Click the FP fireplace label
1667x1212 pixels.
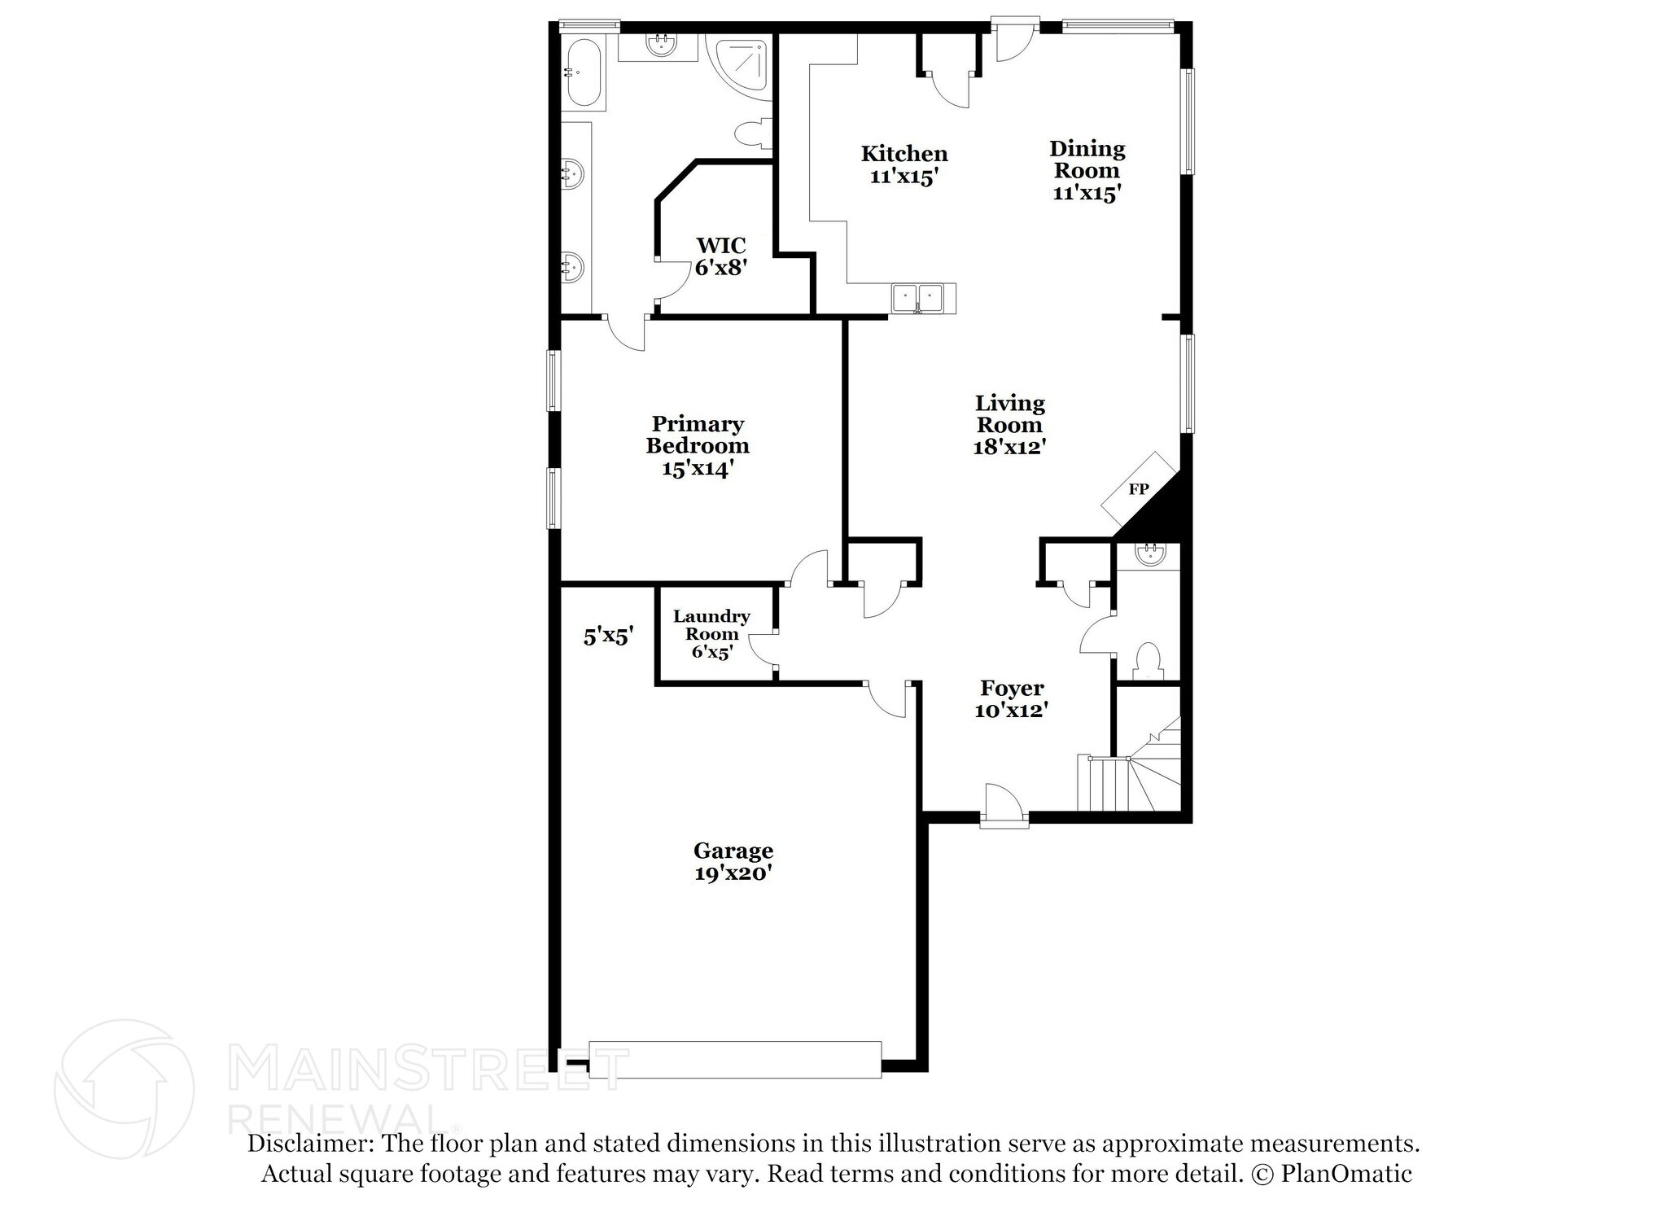point(1138,489)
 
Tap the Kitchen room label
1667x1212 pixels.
point(904,154)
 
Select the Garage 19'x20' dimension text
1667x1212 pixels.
point(733,873)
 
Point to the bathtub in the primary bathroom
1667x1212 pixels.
point(582,73)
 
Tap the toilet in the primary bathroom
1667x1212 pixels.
point(753,135)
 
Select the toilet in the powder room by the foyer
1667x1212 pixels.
point(1148,659)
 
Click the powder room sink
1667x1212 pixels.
point(1149,555)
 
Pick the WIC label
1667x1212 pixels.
point(720,245)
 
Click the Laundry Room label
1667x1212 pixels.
point(711,625)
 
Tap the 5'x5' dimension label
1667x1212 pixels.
point(608,637)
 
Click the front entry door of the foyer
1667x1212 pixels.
point(1004,806)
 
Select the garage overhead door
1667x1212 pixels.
point(735,1059)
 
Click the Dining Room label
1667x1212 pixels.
point(1087,160)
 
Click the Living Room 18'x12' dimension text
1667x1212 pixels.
point(1009,447)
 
